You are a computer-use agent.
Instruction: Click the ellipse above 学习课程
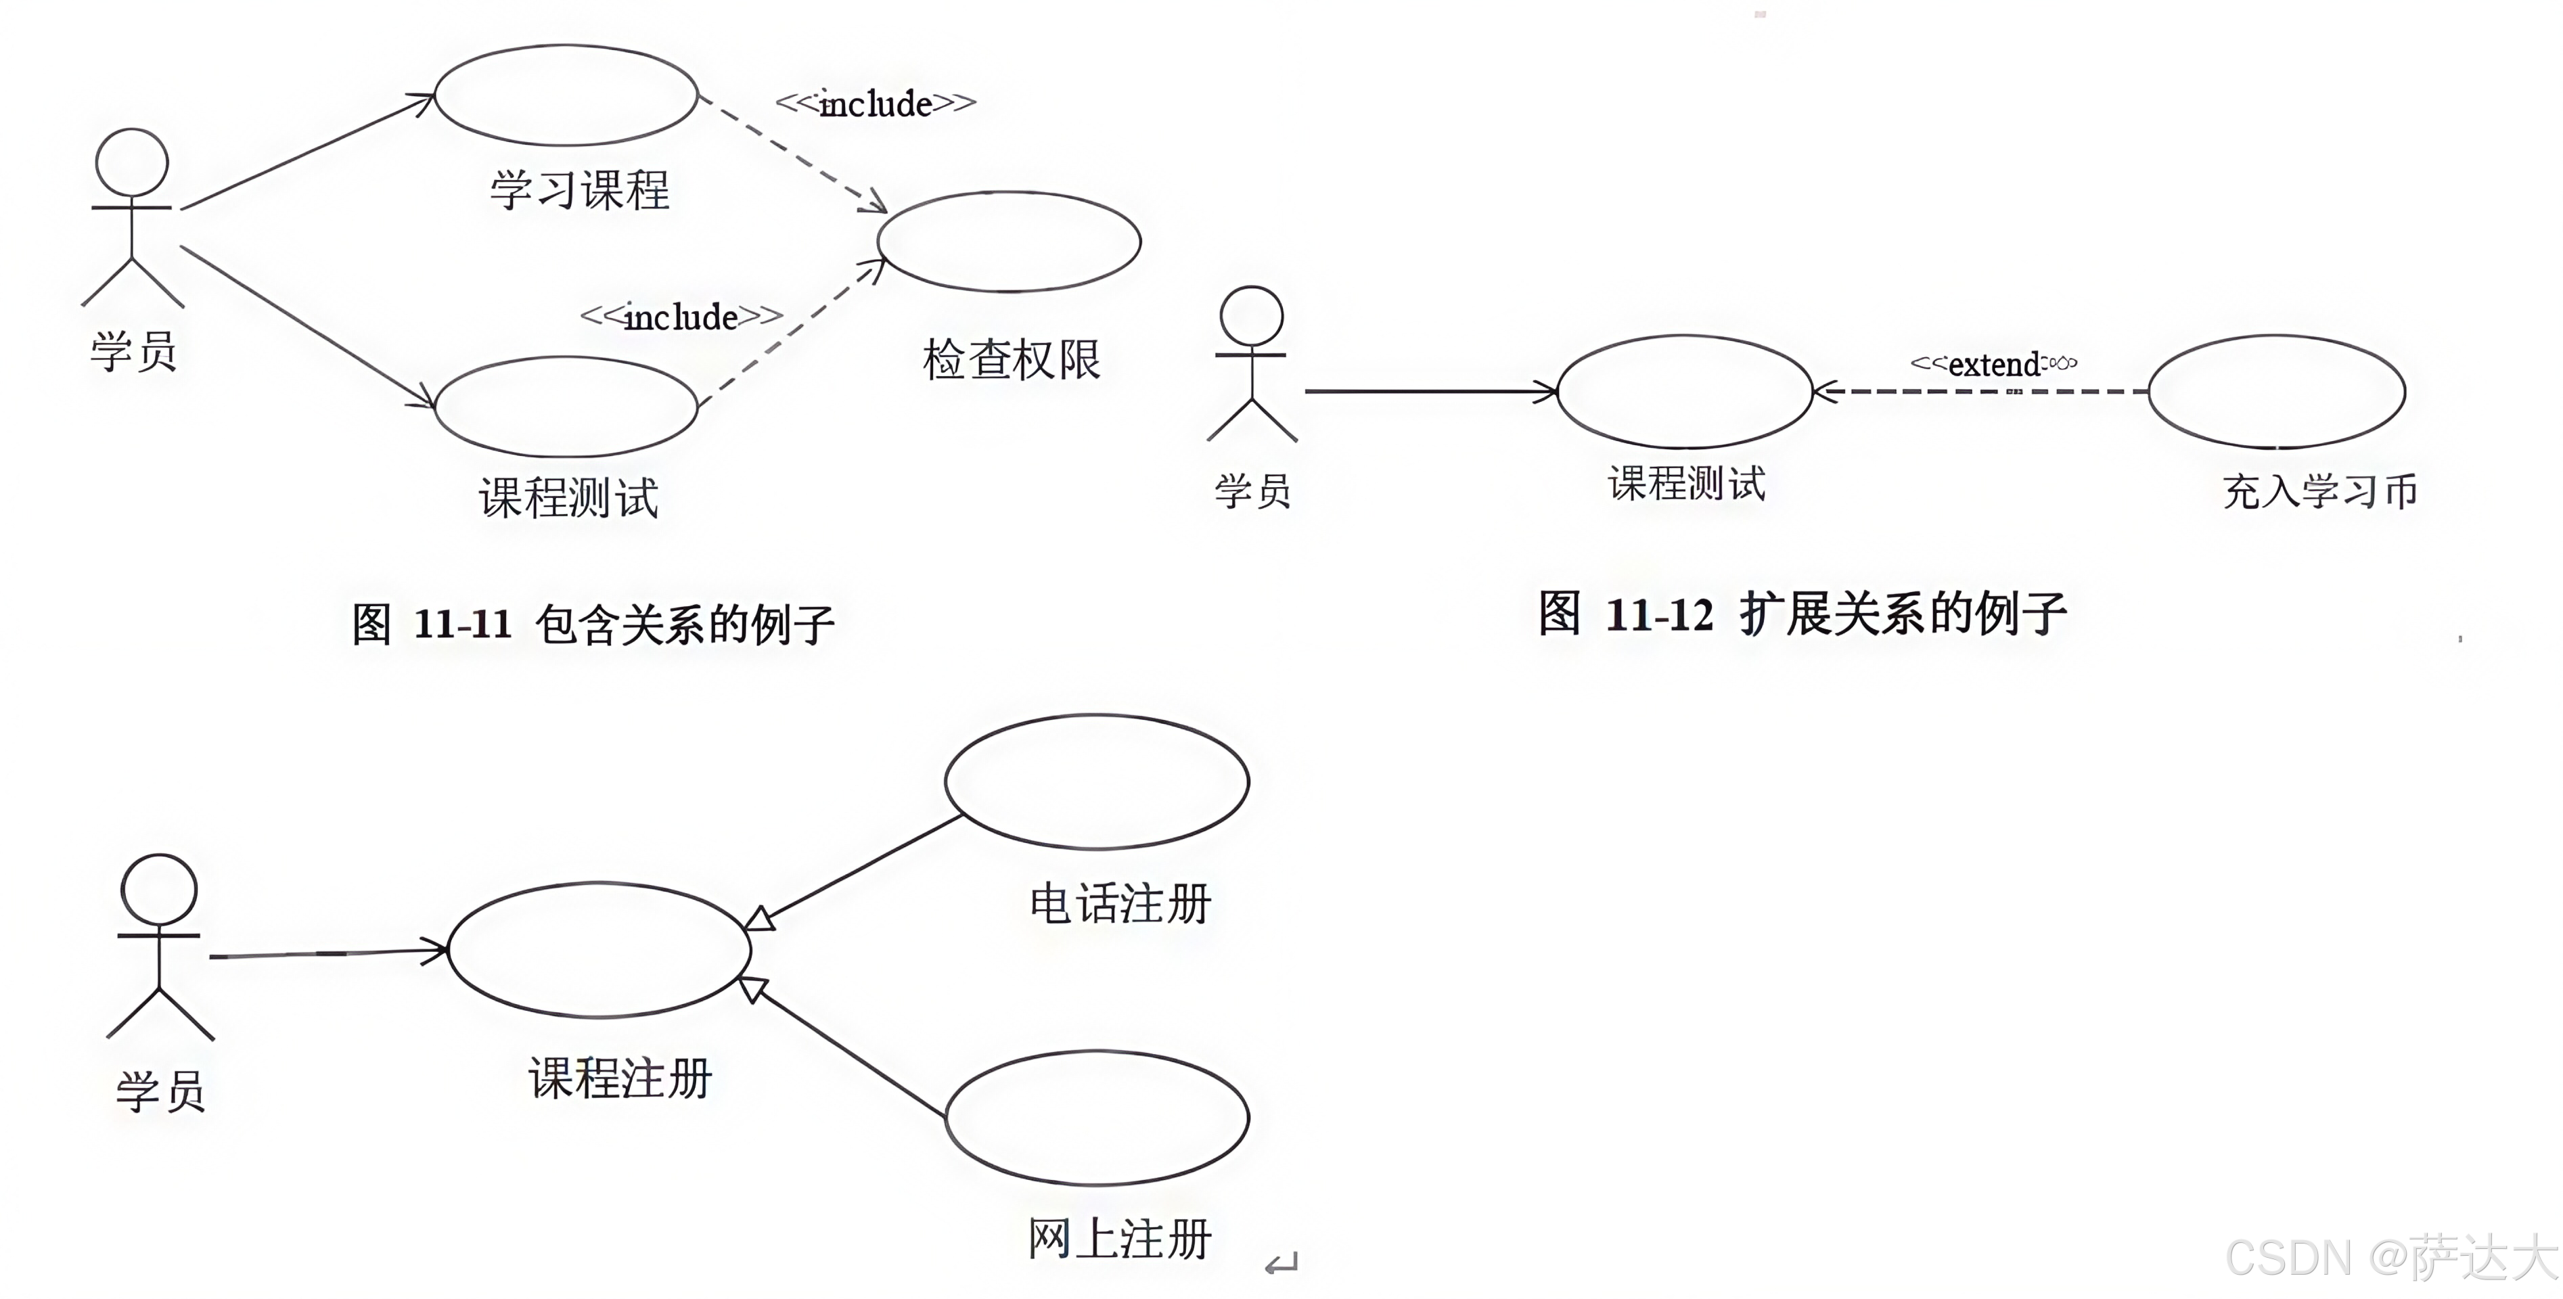[565, 95]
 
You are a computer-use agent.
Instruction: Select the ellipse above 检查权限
[1008, 242]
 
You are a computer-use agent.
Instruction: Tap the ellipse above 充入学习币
[2276, 391]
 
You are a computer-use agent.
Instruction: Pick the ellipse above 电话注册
[1096, 782]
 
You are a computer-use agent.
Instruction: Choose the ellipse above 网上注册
[1096, 1118]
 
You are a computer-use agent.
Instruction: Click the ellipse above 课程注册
[599, 950]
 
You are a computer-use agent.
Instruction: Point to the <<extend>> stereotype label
[1993, 364]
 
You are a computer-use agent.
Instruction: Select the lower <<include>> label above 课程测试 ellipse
[681, 317]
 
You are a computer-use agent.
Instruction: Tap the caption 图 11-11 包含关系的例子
[593, 624]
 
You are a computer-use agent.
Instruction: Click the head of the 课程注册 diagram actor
[158, 888]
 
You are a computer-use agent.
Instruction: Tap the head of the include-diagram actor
[131, 162]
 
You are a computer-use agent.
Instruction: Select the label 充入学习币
[2319, 491]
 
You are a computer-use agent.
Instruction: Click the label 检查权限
[1011, 360]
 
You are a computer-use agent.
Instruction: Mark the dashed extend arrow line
[1980, 392]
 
